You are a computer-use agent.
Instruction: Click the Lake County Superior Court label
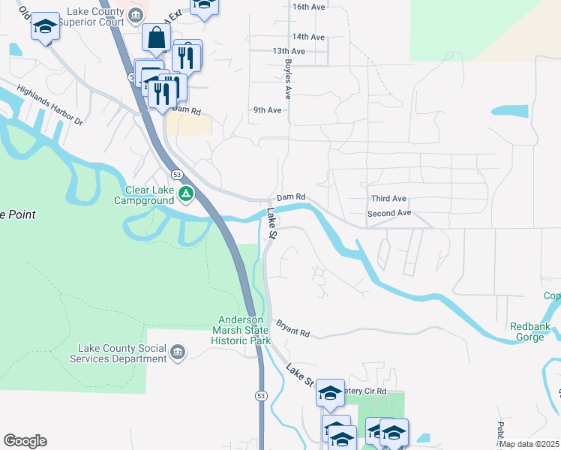[87, 16]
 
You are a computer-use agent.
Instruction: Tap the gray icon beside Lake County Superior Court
[135, 15]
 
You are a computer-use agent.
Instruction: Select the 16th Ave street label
[308, 6]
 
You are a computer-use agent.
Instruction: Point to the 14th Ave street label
[308, 36]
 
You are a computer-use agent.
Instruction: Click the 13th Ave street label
[289, 51]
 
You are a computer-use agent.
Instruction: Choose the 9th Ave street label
[267, 109]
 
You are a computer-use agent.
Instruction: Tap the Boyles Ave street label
[286, 81]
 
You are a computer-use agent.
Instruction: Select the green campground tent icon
[186, 195]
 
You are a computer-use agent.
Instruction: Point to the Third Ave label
[388, 199]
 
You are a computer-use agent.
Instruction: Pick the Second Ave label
[389, 213]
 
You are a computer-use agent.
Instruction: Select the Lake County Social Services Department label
[122, 353]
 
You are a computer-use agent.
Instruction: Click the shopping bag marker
[155, 37]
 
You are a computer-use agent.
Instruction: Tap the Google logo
[25, 441]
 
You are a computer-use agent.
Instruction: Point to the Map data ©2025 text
[529, 444]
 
